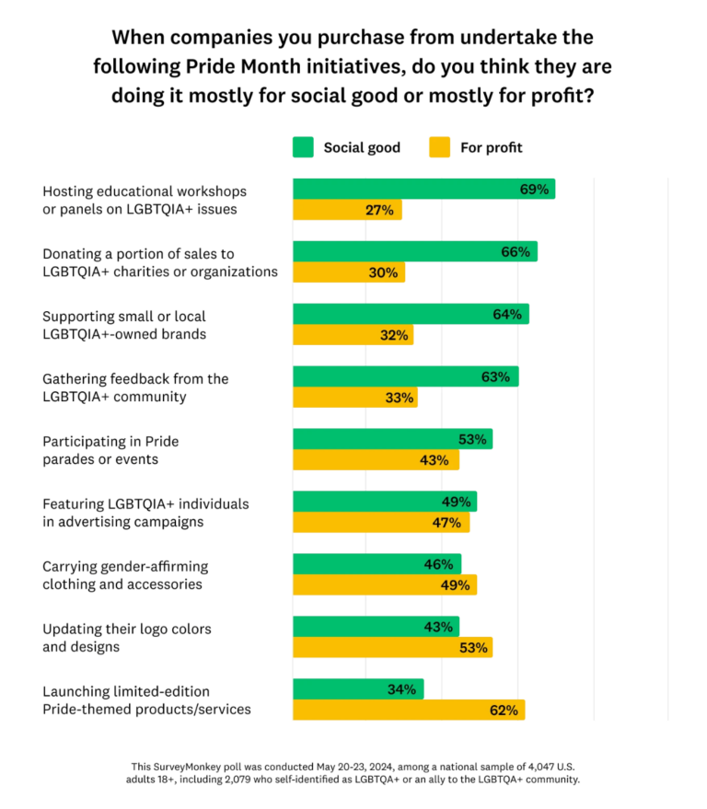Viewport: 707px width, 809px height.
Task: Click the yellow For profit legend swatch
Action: pos(440,147)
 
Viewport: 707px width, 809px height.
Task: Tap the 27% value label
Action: pos(378,210)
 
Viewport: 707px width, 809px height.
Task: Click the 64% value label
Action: pos(506,315)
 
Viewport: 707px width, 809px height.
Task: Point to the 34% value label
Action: pos(402,689)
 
